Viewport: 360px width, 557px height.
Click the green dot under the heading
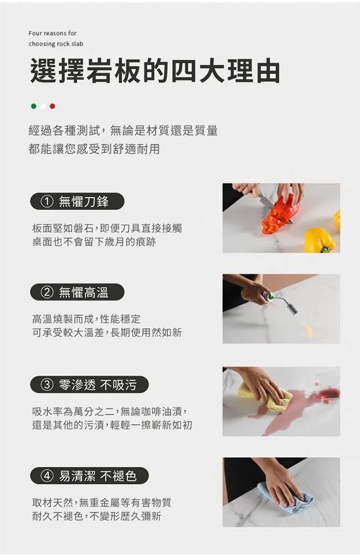[x=33, y=106]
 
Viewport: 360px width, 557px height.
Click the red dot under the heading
[x=52, y=106]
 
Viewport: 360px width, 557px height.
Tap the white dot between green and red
[x=43, y=106]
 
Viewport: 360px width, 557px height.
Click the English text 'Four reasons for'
[x=53, y=33]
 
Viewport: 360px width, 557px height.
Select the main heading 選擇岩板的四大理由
[x=155, y=71]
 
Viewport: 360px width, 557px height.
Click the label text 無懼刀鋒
[x=84, y=202]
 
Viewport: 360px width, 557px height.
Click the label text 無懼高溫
[x=84, y=292]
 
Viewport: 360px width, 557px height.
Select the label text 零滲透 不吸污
[x=97, y=384]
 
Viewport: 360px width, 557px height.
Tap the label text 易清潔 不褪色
[x=97, y=476]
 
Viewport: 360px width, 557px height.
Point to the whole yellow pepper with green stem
[x=319, y=240]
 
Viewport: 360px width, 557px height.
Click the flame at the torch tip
[x=308, y=331]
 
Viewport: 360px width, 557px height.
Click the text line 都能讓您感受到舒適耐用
[x=94, y=149]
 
